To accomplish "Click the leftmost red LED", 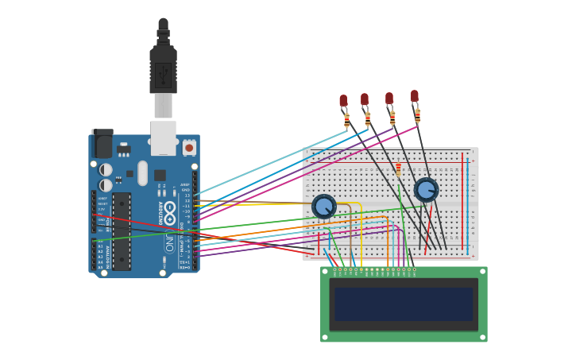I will click(x=343, y=101).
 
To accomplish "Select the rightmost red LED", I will click(x=415, y=96).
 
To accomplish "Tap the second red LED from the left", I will click(x=365, y=99).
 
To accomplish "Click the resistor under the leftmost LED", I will click(x=346, y=121).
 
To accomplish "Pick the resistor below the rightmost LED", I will click(x=417, y=116).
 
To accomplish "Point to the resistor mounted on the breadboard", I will click(x=398, y=168).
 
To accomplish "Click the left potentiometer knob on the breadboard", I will click(x=323, y=207).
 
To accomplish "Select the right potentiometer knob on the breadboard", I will click(x=426, y=190).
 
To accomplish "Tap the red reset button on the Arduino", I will click(x=189, y=148).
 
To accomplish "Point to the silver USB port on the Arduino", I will click(x=163, y=137).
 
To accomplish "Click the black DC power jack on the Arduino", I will click(x=102, y=145).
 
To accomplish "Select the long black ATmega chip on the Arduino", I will click(x=122, y=230).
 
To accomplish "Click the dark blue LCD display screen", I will click(x=404, y=304).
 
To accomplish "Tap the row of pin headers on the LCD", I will click(x=374, y=270).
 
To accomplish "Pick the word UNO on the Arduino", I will click(x=169, y=242).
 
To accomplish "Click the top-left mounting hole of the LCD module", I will click(x=325, y=272).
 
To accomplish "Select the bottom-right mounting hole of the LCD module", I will click(x=482, y=337).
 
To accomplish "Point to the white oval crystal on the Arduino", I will click(x=143, y=172).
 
